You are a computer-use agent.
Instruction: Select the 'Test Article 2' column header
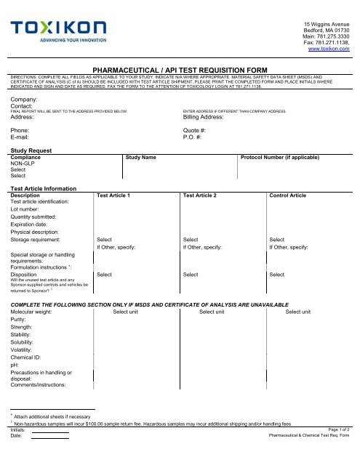click(205, 195)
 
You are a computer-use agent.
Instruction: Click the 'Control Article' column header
click(288, 195)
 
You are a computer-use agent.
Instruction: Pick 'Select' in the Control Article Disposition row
click(276, 275)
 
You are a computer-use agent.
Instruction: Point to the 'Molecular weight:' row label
click(36, 312)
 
